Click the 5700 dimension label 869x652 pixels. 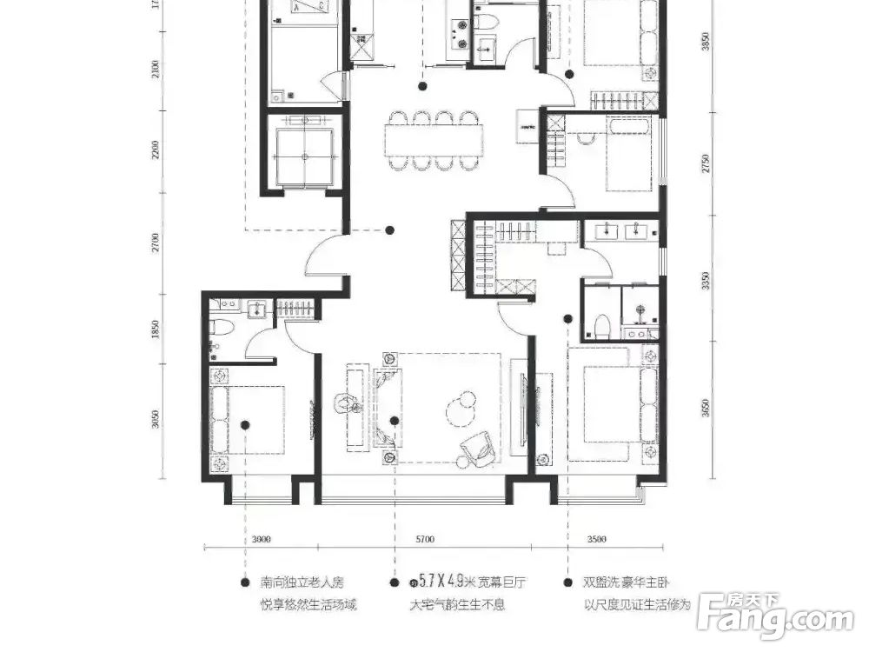pyautogui.click(x=424, y=539)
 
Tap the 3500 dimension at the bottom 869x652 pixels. pyautogui.click(x=596, y=539)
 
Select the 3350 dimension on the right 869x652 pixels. pyautogui.click(x=706, y=280)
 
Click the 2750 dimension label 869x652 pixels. pyautogui.click(x=706, y=163)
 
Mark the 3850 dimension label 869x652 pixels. pyautogui.click(x=706, y=43)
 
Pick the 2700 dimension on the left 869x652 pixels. pyautogui.click(x=156, y=242)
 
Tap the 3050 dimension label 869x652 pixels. pyautogui.click(x=156, y=419)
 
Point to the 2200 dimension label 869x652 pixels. pyautogui.click(x=156, y=150)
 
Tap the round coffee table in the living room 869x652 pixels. pyautogui.click(x=457, y=405)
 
